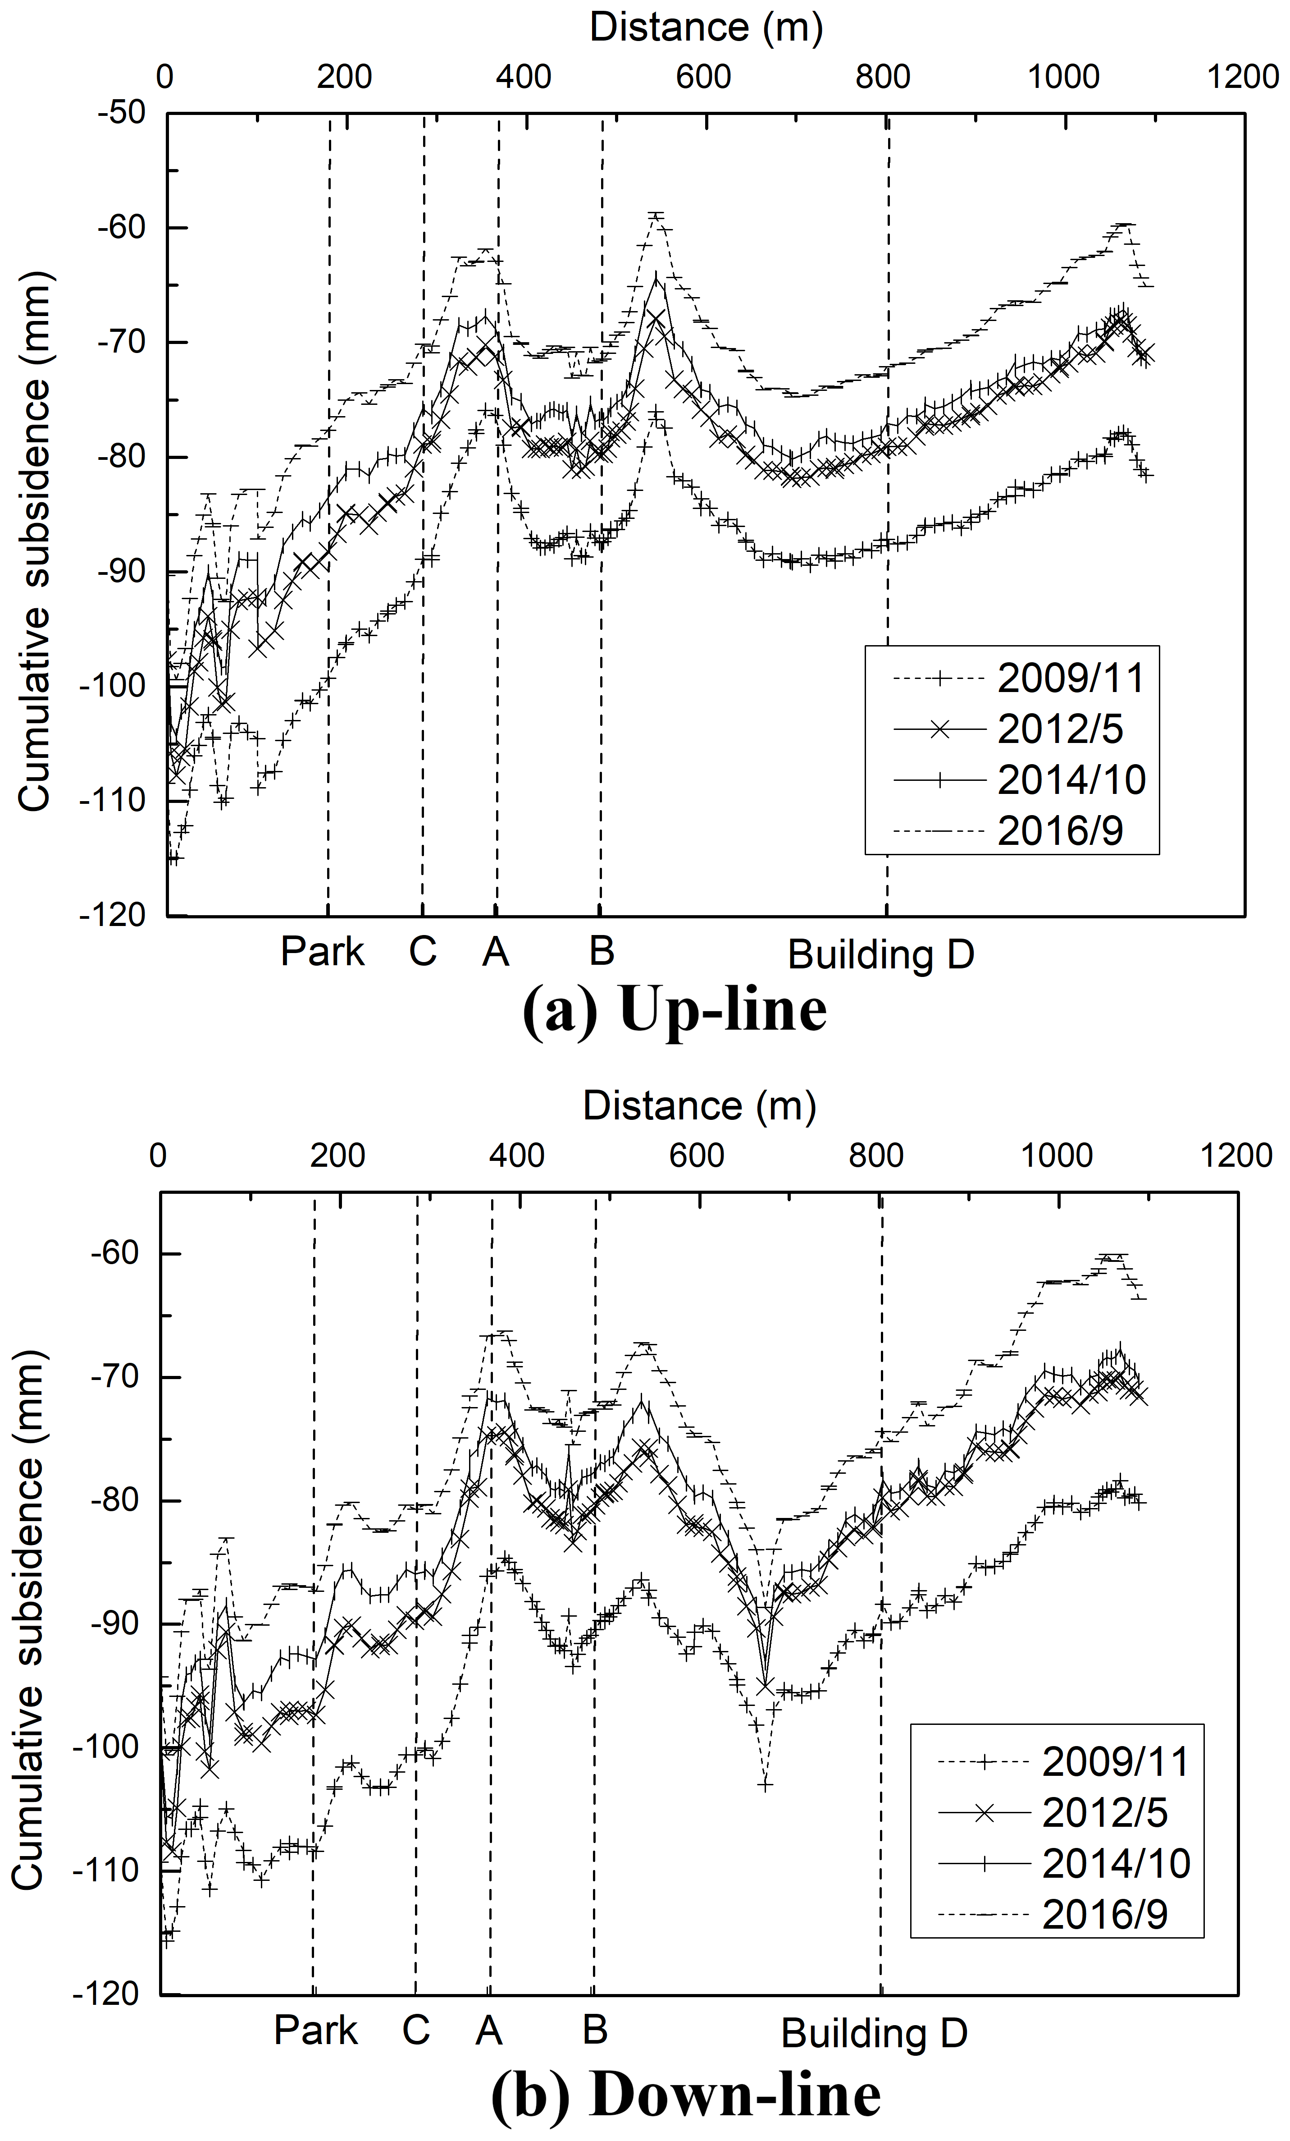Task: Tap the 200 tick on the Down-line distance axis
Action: [x=338, y=1155]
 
